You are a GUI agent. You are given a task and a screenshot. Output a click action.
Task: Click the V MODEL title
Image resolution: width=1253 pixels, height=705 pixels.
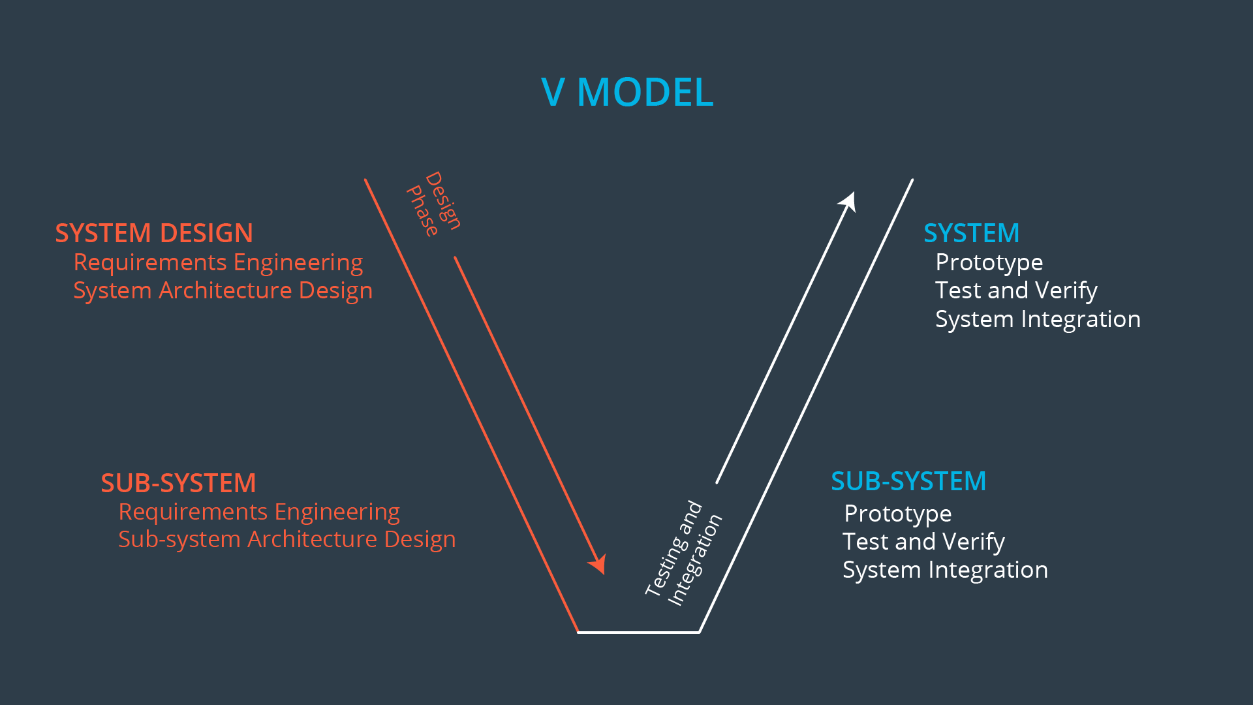coord(627,92)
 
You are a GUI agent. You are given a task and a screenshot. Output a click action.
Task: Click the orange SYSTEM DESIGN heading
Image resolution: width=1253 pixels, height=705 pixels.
coord(154,233)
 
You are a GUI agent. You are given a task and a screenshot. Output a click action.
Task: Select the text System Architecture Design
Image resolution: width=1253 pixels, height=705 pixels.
coord(223,290)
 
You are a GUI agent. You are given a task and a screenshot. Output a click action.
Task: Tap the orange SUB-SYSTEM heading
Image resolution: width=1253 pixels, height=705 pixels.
coord(178,483)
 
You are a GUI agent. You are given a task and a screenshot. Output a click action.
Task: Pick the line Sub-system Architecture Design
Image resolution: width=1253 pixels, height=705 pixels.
coord(286,540)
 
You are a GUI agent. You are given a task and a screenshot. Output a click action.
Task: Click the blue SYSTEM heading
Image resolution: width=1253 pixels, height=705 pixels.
coord(971,233)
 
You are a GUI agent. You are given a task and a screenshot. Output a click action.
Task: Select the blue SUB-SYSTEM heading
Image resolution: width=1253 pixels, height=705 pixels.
coord(908,482)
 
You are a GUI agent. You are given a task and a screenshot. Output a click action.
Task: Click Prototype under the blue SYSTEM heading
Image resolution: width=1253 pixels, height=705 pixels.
coord(989,262)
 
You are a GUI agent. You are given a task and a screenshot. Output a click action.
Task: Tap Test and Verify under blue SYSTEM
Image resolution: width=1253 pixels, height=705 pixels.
coord(1016,290)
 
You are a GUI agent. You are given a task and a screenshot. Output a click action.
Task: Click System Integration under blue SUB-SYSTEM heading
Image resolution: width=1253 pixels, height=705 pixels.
coord(945,570)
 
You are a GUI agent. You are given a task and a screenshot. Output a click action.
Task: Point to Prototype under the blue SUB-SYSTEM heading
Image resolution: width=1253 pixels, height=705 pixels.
coord(897,514)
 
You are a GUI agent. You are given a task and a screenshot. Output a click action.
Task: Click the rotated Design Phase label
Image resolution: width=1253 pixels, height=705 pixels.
coord(434,204)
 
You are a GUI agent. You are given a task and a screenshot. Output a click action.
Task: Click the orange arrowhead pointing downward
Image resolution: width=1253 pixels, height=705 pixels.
coord(598,565)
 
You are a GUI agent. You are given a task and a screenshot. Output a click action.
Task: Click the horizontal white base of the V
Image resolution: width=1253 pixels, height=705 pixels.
coord(638,632)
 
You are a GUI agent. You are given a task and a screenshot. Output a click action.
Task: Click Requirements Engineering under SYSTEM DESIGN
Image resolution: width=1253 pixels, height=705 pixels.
coord(218,262)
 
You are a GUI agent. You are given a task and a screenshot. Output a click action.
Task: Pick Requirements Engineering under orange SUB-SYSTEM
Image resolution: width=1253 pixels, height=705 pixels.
coord(259,512)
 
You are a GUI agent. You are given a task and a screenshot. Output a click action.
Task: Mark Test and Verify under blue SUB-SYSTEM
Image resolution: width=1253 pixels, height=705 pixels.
coord(923,542)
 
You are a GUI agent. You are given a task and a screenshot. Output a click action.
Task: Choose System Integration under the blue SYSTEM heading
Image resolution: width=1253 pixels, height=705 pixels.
coord(1038,319)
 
